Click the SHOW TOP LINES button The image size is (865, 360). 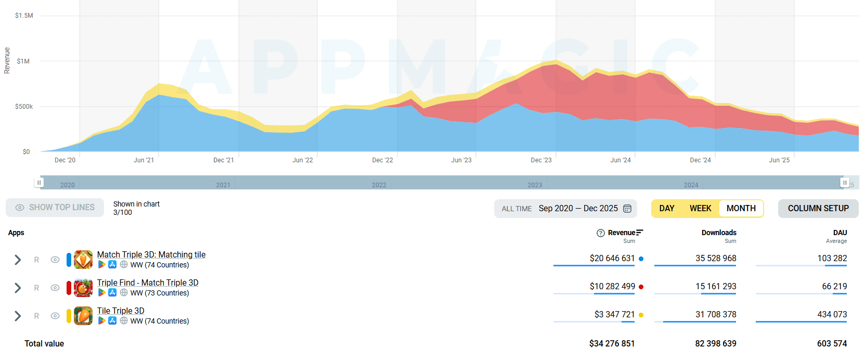pyautogui.click(x=55, y=208)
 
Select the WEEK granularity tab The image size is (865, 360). pyautogui.click(x=700, y=209)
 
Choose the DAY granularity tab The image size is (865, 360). pyautogui.click(x=667, y=209)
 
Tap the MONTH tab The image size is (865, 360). pyautogui.click(x=741, y=209)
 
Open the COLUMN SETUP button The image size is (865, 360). pyautogui.click(x=818, y=209)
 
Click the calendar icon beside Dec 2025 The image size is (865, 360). pyautogui.click(x=627, y=209)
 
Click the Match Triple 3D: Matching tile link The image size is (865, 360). pyautogui.click(x=151, y=254)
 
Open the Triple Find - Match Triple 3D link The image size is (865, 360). pyautogui.click(x=147, y=282)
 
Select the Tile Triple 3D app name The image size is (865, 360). pyautogui.click(x=121, y=311)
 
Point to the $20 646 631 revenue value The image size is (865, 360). pyautogui.click(x=612, y=258)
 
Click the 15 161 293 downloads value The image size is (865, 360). pyautogui.click(x=716, y=286)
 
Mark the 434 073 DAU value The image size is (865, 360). pyautogui.click(x=832, y=314)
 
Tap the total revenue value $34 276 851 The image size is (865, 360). pyautogui.click(x=612, y=343)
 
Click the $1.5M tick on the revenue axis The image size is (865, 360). pyautogui.click(x=24, y=16)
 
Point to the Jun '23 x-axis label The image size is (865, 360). pyautogui.click(x=461, y=160)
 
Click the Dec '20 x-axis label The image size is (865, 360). pyautogui.click(x=65, y=160)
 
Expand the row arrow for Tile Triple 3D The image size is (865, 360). pyautogui.click(x=18, y=316)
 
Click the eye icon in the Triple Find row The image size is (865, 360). pyautogui.click(x=55, y=288)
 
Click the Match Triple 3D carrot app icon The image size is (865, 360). pyautogui.click(x=83, y=260)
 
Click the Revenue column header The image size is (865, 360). pyautogui.click(x=622, y=233)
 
